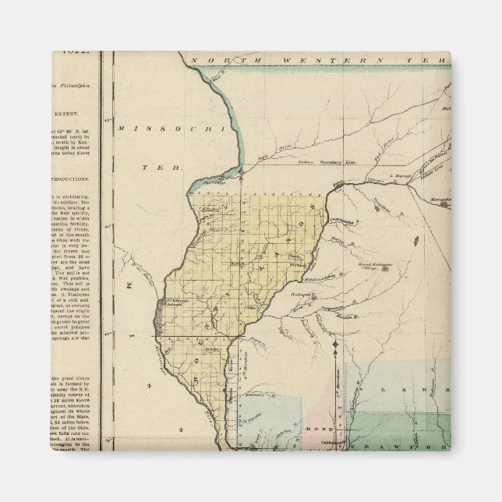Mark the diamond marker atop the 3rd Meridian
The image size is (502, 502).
tap(335, 344)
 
